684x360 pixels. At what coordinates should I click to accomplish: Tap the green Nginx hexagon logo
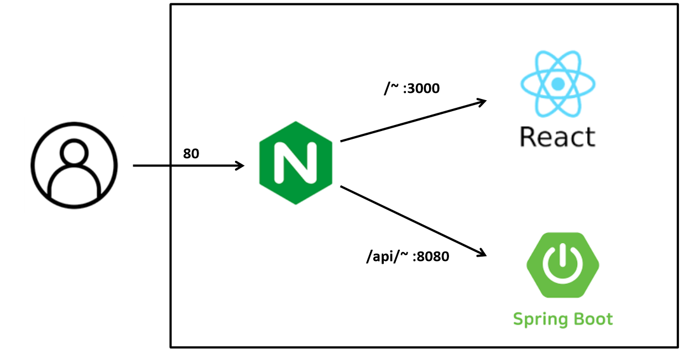pos(295,163)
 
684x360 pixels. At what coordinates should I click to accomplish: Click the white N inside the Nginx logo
pos(295,163)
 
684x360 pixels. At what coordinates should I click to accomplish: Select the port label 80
pos(191,154)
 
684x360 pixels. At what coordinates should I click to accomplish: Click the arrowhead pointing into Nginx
pos(240,165)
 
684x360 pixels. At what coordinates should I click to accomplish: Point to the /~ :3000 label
pos(412,88)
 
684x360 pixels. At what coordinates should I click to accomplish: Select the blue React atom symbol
pos(557,84)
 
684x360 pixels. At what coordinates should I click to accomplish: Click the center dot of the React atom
pos(557,84)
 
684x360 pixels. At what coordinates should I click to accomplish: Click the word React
pos(557,137)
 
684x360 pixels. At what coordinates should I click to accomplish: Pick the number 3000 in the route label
pos(421,88)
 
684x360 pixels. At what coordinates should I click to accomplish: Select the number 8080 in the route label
pos(430,257)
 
